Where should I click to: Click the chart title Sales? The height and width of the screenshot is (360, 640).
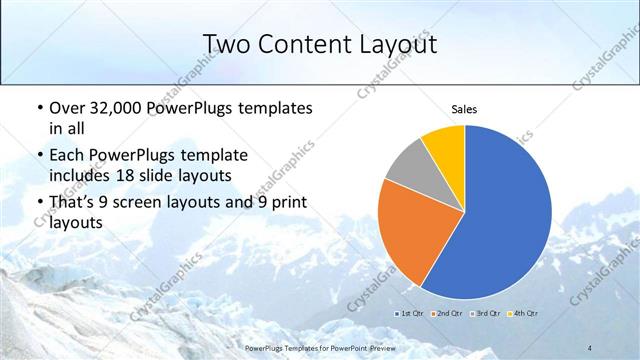click(464, 109)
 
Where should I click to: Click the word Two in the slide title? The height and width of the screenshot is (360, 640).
click(225, 44)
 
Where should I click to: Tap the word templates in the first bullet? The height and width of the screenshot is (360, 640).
click(269, 108)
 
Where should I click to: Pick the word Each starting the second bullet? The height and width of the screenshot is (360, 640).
click(67, 155)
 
